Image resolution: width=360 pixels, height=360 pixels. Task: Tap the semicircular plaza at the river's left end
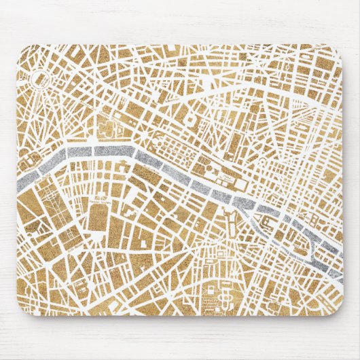[31, 161]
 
